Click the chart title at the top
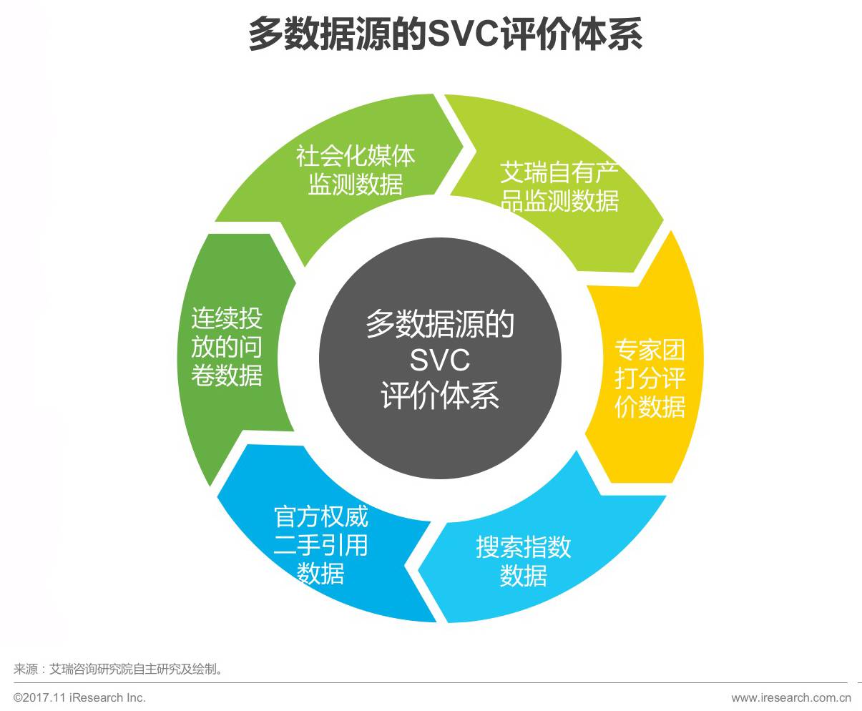click(444, 34)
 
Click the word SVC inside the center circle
click(439, 360)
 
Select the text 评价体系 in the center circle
click(439, 396)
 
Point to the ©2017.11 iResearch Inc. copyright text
click(79, 697)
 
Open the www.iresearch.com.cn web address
click(790, 697)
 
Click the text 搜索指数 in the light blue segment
click(524, 547)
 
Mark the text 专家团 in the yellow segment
click(650, 350)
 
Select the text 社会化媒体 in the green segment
click(356, 156)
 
